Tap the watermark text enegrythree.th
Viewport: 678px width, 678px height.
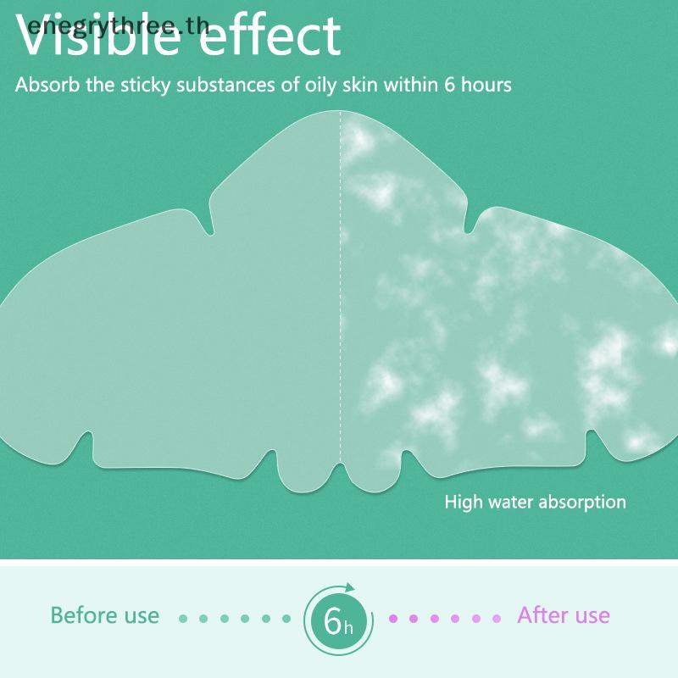pyautogui.click(x=119, y=27)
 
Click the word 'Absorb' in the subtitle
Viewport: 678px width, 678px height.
pyautogui.click(x=47, y=84)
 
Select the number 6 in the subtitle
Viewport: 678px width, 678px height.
pyautogui.click(x=450, y=85)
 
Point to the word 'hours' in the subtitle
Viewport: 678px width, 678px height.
pyautogui.click(x=486, y=84)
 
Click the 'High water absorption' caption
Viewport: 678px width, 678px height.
pyautogui.click(x=536, y=503)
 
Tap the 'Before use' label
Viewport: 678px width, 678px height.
pyautogui.click(x=104, y=615)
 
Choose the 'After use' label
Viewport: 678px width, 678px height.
pyautogui.click(x=564, y=615)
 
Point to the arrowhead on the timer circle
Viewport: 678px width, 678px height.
pyautogui.click(x=349, y=587)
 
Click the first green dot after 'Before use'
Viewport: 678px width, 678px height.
pyautogui.click(x=183, y=619)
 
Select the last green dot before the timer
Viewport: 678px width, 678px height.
pyautogui.click(x=286, y=619)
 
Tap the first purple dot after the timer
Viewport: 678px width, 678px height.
pyautogui.click(x=393, y=619)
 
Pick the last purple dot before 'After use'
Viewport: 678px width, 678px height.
pyautogui.click(x=497, y=619)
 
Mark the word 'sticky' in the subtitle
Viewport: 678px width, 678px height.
pyautogui.click(x=145, y=86)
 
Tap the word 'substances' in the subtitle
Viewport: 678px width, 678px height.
pyautogui.click(x=225, y=84)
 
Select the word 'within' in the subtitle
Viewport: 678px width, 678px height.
pyautogui.click(x=411, y=84)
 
